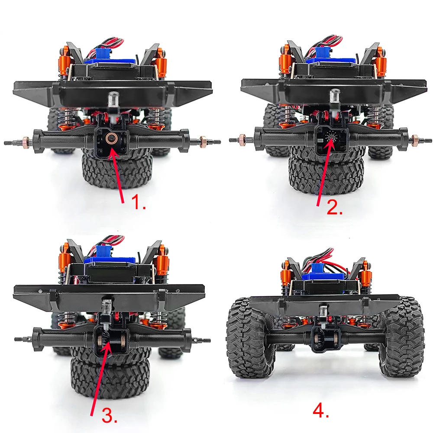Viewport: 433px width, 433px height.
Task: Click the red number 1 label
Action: (x=138, y=202)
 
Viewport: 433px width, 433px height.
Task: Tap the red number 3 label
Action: (x=110, y=415)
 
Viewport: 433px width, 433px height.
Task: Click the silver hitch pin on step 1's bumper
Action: (x=113, y=100)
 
